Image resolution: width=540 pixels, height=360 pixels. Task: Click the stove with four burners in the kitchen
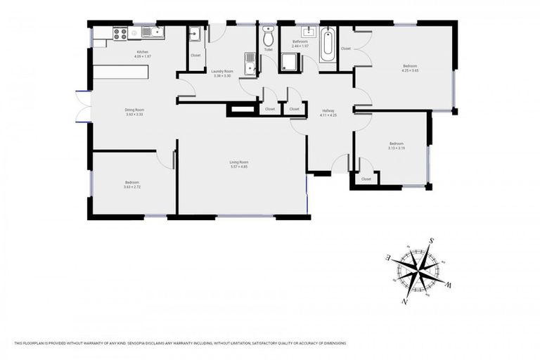point(120,32)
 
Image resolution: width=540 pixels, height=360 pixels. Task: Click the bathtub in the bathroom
point(328,44)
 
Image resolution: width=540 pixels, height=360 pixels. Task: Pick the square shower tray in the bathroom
point(290,63)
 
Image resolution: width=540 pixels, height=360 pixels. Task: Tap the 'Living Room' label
point(239,162)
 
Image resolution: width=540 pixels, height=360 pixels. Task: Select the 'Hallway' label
point(328,110)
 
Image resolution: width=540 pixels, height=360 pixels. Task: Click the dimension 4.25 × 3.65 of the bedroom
point(410,70)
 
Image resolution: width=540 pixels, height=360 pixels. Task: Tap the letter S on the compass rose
point(430,240)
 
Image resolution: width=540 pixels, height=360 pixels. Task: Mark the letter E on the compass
point(388,257)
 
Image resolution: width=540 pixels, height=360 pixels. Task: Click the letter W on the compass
point(449,284)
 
